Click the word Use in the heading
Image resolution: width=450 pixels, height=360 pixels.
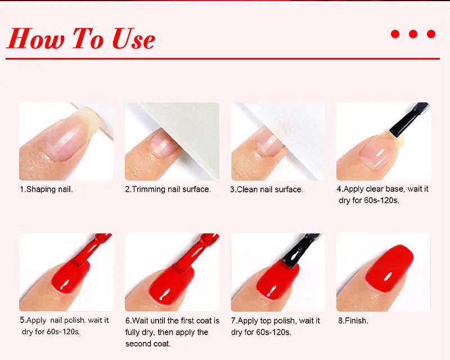point(134,38)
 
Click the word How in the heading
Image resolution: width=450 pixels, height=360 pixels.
point(35,38)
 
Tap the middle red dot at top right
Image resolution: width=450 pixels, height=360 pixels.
point(413,34)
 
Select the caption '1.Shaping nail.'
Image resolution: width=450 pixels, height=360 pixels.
point(46,189)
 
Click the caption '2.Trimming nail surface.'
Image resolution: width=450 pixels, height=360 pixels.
point(168,189)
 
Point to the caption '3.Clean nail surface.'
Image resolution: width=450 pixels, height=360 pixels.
point(267,190)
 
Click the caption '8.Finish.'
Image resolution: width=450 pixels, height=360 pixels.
point(353,321)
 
